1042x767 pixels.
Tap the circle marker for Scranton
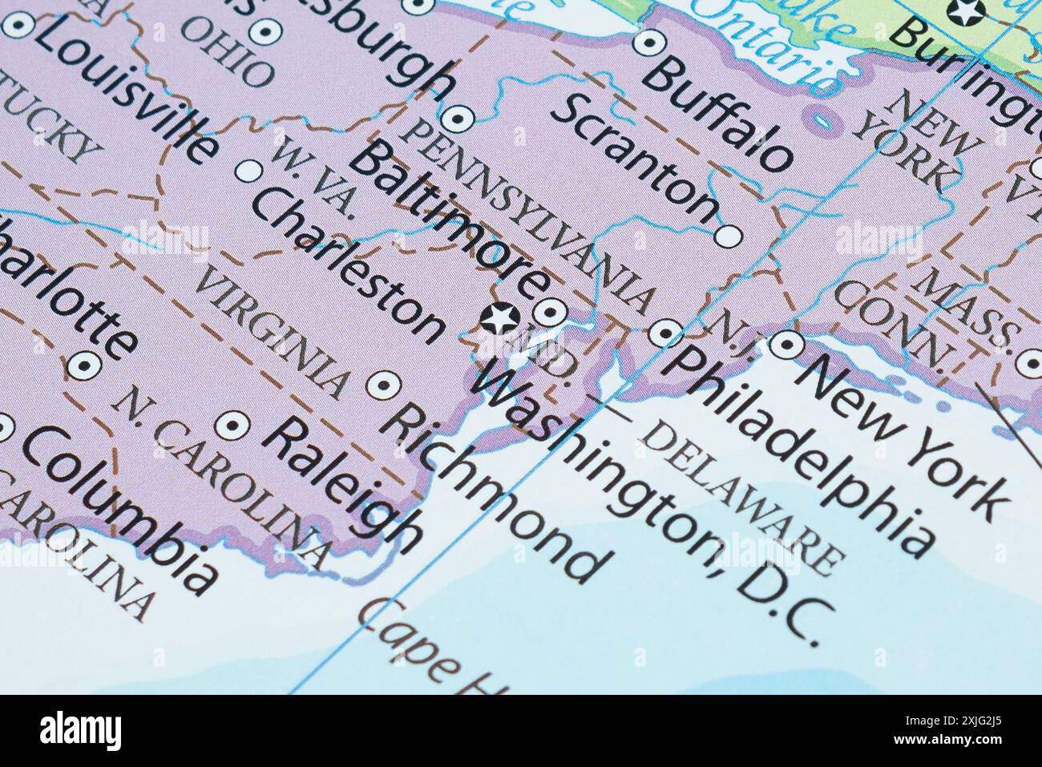(728, 236)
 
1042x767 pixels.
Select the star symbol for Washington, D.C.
(500, 318)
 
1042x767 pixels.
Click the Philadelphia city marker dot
(665, 333)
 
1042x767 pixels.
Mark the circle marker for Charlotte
(83, 367)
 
